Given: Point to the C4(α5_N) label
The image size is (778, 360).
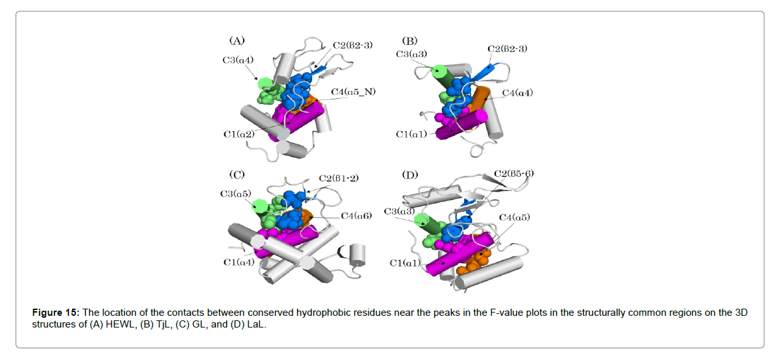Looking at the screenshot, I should pos(353,92).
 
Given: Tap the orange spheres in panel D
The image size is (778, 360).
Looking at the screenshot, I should pos(473,262).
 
